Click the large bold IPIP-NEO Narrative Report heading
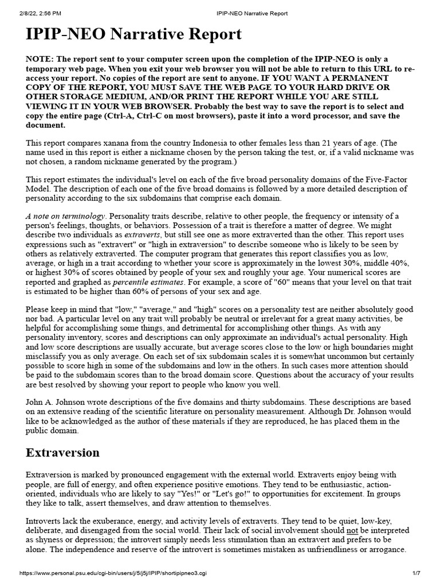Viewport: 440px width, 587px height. [134, 34]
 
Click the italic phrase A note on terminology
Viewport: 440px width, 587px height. [65, 216]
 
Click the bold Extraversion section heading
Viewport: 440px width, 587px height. [62, 452]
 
